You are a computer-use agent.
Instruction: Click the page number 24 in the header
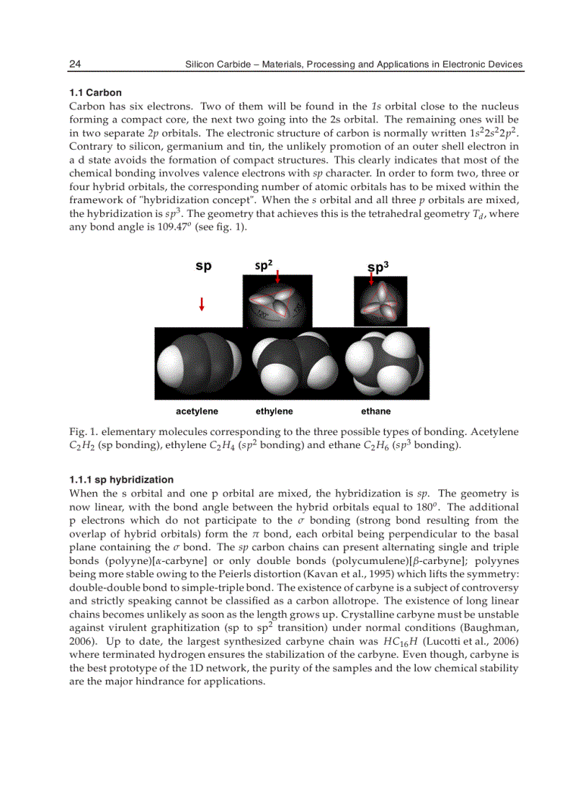(x=74, y=64)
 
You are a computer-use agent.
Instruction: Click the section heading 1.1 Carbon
(x=95, y=93)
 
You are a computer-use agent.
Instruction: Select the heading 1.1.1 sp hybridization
(x=121, y=480)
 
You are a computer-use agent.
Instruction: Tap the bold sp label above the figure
(x=204, y=267)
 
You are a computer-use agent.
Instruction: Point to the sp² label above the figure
(x=264, y=265)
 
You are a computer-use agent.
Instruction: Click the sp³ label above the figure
(x=378, y=267)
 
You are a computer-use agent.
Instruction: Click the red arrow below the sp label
(x=202, y=304)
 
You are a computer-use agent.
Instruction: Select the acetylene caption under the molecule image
(x=197, y=411)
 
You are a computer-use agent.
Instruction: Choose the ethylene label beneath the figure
(x=275, y=411)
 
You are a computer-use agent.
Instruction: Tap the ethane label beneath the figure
(x=375, y=411)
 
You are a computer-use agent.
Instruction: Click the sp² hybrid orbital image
(x=277, y=303)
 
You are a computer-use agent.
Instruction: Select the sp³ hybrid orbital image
(x=374, y=302)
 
